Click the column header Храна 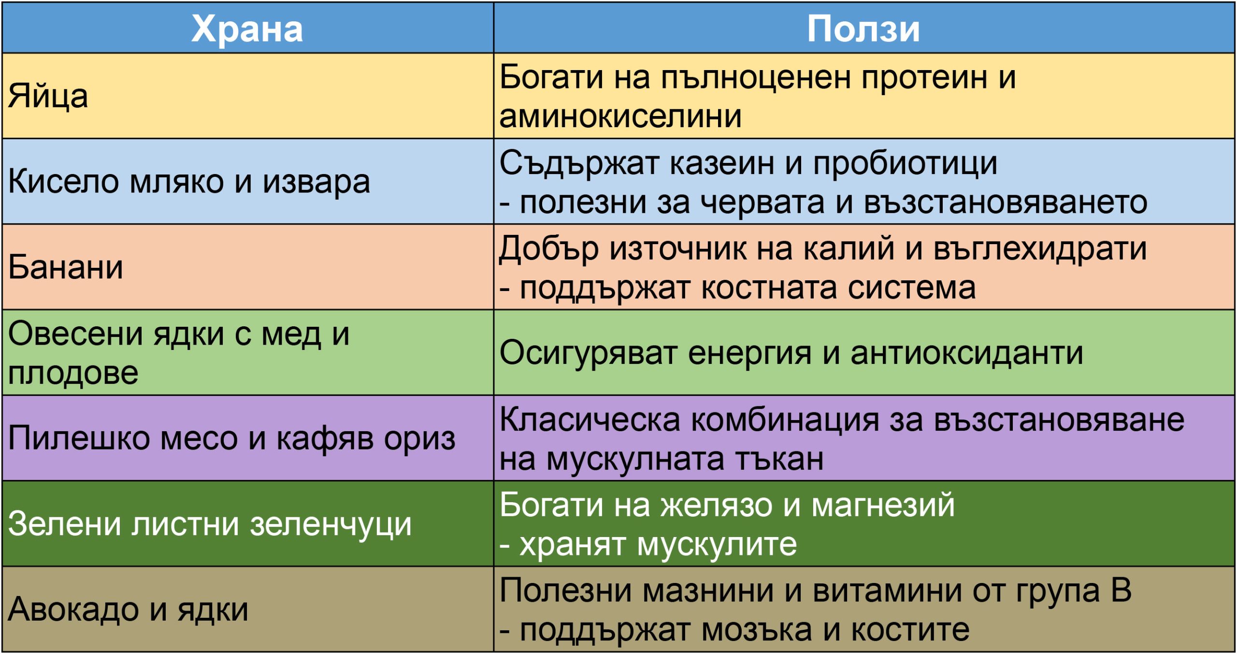[x=247, y=29]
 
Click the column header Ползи [x=863, y=29]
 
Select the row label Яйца [x=48, y=96]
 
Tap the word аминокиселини [x=620, y=116]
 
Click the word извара [x=316, y=183]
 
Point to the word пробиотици [x=905, y=163]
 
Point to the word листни [x=186, y=524]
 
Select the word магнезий [x=883, y=506]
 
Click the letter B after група [x=1121, y=591]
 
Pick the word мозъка [x=756, y=630]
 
